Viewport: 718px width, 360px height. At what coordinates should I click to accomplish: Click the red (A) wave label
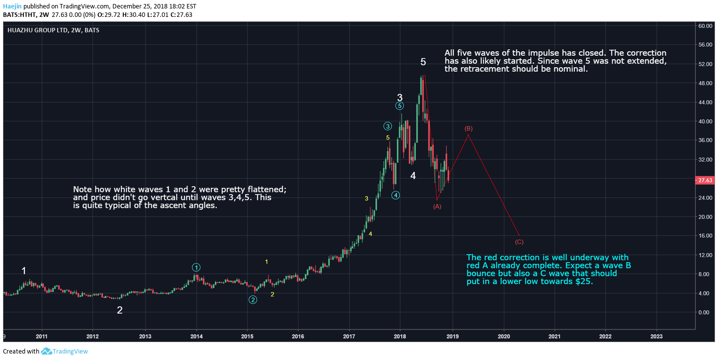[438, 206]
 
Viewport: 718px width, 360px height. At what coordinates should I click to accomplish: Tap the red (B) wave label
[468, 129]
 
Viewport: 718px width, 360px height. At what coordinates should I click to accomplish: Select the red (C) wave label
[519, 242]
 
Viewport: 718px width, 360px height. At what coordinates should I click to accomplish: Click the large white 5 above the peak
[423, 62]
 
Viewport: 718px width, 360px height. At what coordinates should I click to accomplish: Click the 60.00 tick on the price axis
[706, 26]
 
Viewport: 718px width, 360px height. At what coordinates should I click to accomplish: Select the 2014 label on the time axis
[196, 336]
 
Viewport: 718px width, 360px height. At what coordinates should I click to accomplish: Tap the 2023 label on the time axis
[656, 336]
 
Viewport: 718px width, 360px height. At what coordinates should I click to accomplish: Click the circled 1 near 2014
[196, 267]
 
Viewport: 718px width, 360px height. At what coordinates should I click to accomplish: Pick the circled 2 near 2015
[253, 299]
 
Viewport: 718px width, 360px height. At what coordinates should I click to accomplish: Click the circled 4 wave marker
[395, 195]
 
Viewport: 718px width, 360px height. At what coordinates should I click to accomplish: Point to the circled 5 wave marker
[400, 105]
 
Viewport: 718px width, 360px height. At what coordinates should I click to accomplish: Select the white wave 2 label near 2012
[120, 310]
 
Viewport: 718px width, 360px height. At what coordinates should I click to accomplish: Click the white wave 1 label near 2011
[24, 271]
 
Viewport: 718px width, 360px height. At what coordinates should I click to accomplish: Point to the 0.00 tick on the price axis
[706, 312]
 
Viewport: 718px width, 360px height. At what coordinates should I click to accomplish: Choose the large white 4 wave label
[413, 176]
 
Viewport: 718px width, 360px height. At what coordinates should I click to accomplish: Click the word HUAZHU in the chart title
[19, 30]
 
